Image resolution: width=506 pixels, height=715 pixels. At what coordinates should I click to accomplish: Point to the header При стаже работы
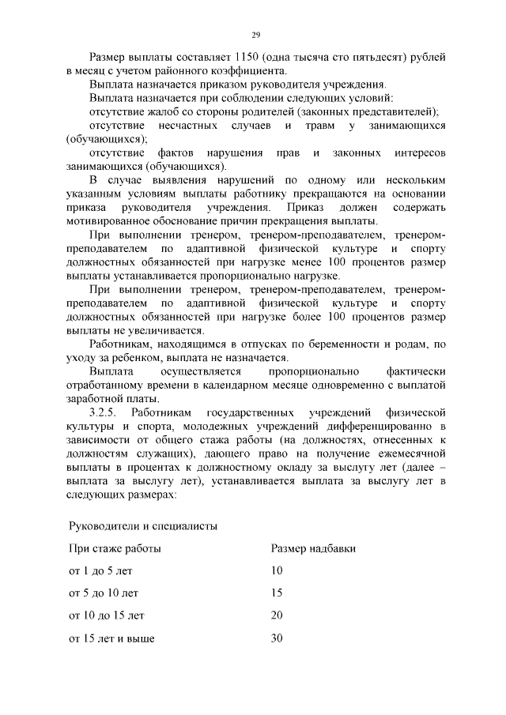tap(115, 548)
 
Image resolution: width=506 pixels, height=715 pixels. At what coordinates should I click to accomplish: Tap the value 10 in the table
tap(277, 570)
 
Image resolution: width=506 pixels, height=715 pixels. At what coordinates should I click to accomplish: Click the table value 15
tap(277, 593)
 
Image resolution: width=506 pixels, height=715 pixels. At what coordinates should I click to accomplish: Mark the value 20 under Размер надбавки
tap(277, 615)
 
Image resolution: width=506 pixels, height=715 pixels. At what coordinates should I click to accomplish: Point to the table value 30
tap(277, 638)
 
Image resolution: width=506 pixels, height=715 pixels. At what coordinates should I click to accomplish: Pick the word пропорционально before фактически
tap(314, 371)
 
